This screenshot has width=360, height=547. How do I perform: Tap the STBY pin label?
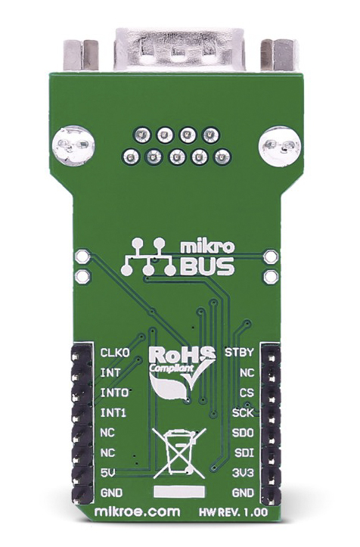pos(239,352)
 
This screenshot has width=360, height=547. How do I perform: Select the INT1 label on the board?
pos(113,413)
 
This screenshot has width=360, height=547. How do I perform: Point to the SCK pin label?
pos(243,413)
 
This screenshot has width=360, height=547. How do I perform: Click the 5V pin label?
pos(108,473)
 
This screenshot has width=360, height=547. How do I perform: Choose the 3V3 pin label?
pos(243,473)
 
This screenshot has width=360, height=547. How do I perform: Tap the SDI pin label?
pos(244,453)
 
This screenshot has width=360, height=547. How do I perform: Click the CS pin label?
pos(247,393)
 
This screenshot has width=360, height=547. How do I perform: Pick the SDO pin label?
pos(243,433)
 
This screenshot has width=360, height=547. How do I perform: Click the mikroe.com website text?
pos(138,511)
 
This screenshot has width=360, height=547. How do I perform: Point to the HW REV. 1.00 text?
pos(234,512)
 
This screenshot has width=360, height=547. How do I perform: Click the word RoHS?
pos(182,355)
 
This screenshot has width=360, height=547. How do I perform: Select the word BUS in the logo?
pos(207,266)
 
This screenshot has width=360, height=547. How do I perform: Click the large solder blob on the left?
pos(73,145)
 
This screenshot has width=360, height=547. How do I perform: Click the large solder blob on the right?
pos(280,147)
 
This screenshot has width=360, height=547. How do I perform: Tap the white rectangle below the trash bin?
pos(180,492)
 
